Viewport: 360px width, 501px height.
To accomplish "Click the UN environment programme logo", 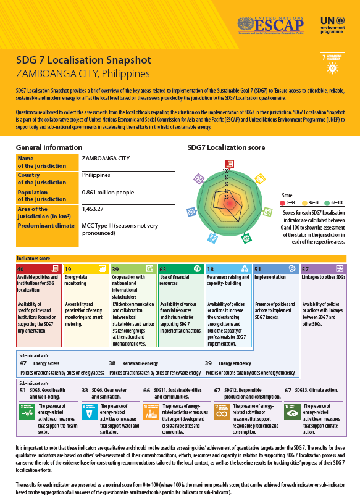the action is [x=335, y=25].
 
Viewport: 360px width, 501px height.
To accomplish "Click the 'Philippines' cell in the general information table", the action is [x=97, y=175].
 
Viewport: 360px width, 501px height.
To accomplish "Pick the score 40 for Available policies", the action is [x=20, y=269].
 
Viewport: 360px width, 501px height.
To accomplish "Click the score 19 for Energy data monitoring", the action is [x=68, y=269].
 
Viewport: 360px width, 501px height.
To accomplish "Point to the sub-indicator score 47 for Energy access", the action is [x=23, y=363].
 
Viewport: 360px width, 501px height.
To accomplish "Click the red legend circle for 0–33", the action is [x=282, y=202].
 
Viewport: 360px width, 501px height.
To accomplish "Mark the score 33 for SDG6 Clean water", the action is [x=85, y=391].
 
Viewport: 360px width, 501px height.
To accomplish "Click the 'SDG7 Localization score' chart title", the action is [x=226, y=147].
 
